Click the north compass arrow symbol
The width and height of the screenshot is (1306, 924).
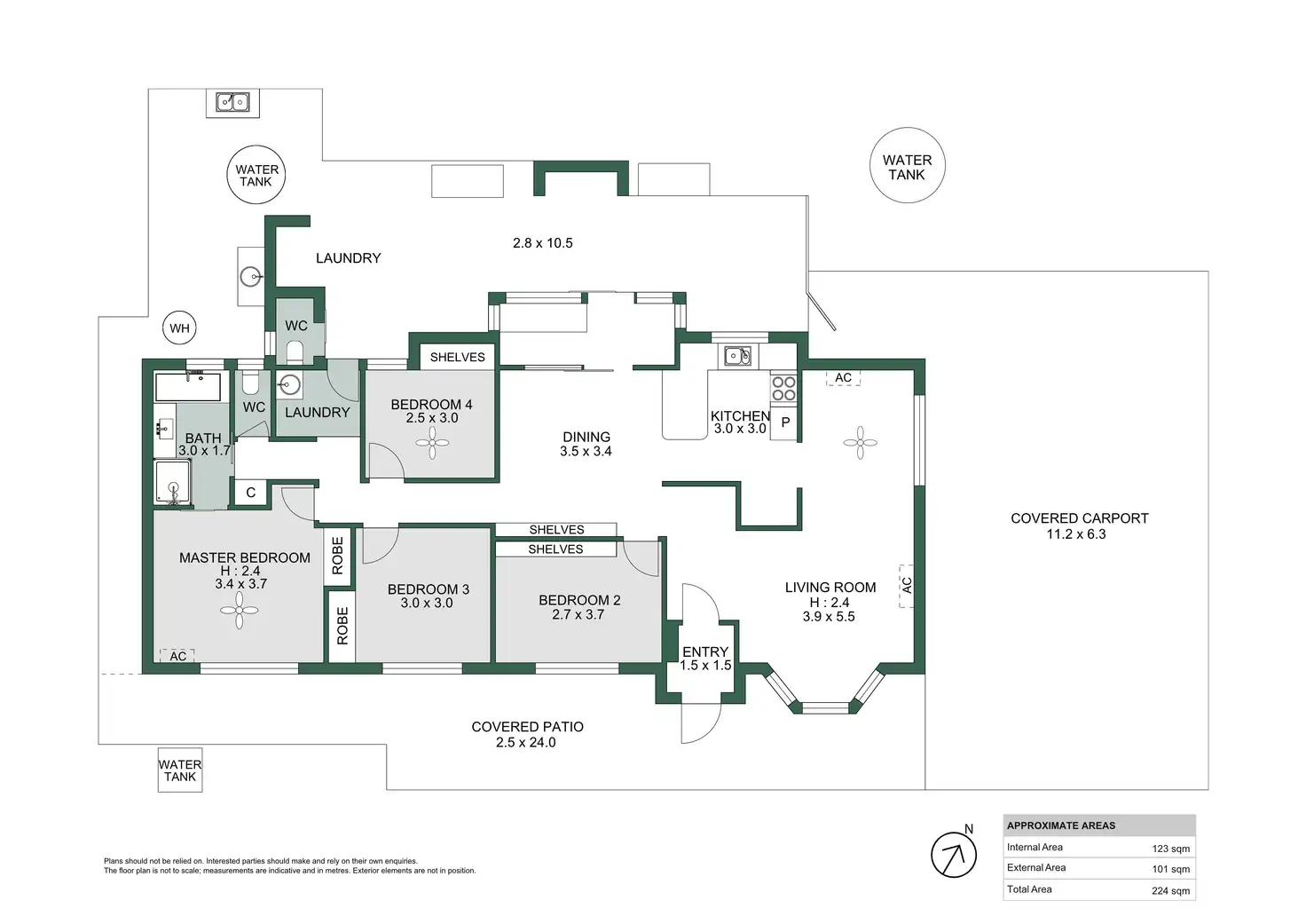[953, 855]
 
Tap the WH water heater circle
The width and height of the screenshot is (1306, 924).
[179, 328]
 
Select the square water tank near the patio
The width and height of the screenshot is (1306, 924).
[180, 770]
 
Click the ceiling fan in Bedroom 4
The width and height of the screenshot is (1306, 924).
[432, 443]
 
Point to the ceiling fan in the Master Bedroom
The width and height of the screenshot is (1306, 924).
[239, 610]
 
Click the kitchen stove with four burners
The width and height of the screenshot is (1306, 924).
[783, 389]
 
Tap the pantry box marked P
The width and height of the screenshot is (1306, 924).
[784, 422]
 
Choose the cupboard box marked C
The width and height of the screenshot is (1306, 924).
[251, 493]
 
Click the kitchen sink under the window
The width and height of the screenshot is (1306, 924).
[738, 355]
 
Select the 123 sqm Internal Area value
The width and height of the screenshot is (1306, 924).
[1170, 849]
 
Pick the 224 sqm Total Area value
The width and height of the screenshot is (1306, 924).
[1170, 891]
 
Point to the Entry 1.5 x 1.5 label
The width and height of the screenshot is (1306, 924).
[705, 659]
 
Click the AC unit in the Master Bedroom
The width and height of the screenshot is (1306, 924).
[177, 656]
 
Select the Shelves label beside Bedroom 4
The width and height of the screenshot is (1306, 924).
[457, 357]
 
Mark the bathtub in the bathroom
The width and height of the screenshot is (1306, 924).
[188, 386]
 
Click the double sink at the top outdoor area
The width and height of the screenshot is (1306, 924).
[232, 103]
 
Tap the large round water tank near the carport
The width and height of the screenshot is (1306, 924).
[908, 165]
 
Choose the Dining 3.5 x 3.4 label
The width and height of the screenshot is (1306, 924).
[586, 444]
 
